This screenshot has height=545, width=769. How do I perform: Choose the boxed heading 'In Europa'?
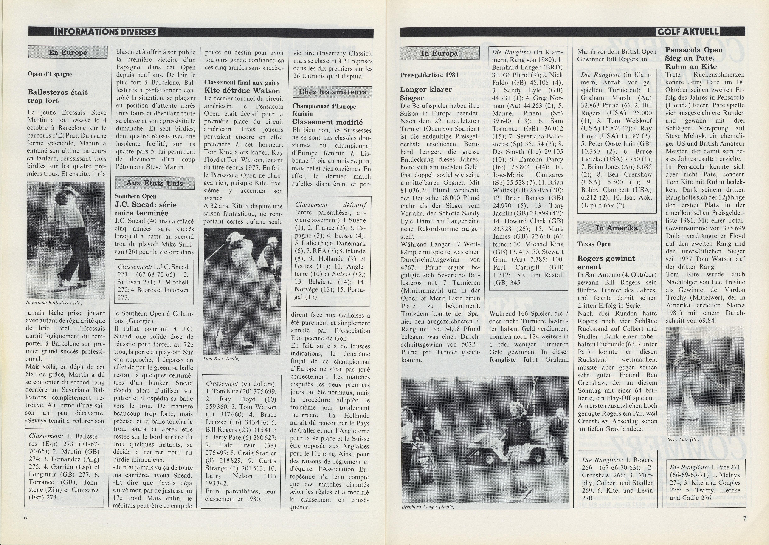439,53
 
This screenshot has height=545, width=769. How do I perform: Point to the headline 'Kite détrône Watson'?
242,91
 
